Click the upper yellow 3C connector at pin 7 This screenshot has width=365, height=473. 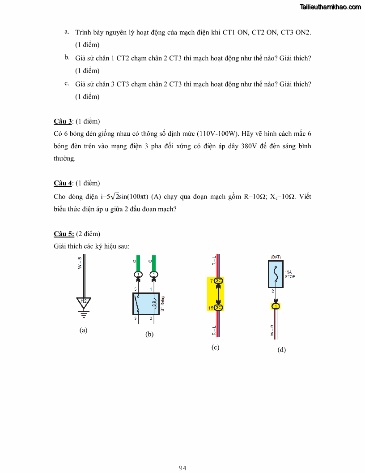point(218,281)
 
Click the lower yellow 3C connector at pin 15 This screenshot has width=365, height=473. point(218,307)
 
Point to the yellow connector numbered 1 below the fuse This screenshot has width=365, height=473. point(276,306)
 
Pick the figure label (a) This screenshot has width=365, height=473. point(83,330)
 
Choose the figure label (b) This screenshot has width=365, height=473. point(149,334)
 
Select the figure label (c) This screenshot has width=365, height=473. point(216,347)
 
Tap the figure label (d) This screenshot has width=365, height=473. point(281,350)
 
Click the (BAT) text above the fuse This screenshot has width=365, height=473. point(276,257)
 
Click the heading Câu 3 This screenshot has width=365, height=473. point(63,121)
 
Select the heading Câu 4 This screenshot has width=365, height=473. point(63,183)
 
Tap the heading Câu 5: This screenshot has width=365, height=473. point(64,234)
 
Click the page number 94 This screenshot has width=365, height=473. point(182,468)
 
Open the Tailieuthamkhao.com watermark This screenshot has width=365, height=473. point(331,7)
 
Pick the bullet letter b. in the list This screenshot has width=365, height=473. point(66,57)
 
